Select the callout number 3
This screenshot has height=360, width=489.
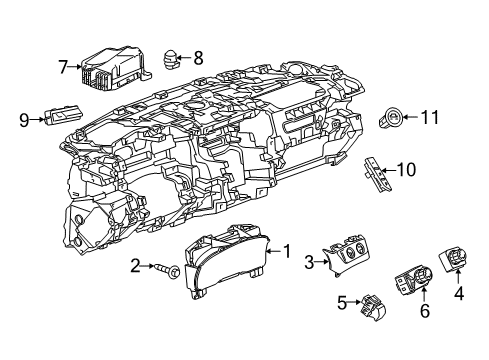(311, 262)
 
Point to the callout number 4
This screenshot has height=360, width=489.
(461, 294)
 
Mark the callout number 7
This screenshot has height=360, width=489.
(62, 67)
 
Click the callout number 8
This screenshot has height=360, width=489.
(197, 56)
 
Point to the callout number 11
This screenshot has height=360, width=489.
(430, 118)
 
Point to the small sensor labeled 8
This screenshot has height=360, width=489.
(171, 59)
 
